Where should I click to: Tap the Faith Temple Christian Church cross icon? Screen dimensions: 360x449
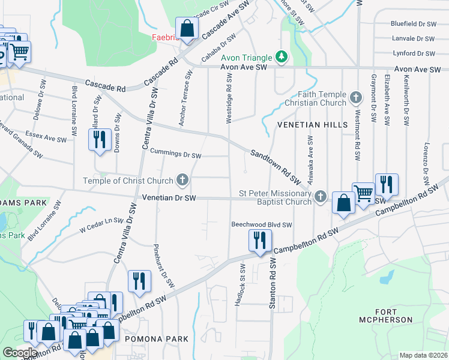[355, 97]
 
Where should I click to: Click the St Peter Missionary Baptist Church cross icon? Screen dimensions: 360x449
[321, 196]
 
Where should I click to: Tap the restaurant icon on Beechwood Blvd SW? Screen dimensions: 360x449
[259, 241]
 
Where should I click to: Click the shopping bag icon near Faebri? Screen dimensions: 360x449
[187, 28]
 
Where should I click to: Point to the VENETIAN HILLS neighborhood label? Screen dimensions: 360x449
[312, 124]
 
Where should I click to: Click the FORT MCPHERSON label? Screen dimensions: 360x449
[394, 315]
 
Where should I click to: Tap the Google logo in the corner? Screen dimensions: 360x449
[20, 353]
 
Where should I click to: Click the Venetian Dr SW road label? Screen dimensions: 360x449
[169, 197]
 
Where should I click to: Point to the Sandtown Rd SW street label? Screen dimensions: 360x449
[276, 167]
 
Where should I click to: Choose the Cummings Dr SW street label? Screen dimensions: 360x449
[175, 154]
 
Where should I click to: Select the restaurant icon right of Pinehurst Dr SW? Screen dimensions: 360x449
[138, 281]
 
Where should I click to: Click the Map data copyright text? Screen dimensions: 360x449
[424, 355]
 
